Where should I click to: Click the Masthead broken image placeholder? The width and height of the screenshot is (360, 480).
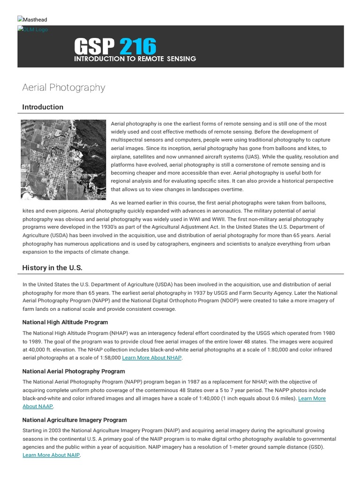[32, 20]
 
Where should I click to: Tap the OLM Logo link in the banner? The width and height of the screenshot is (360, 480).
[33, 30]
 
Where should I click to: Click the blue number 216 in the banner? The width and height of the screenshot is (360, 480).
[137, 46]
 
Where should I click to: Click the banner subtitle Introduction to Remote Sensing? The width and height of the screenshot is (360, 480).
[135, 59]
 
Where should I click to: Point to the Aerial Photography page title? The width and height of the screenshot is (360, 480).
[64, 88]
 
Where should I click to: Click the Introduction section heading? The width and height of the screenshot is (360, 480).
[43, 107]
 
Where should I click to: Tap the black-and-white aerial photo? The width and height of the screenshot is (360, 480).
[64, 159]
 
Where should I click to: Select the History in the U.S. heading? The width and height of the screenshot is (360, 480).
[52, 268]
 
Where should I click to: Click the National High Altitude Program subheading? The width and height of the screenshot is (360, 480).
[65, 322]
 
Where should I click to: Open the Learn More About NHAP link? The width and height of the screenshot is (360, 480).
[152, 358]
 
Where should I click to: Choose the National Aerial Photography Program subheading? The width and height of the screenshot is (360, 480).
[74, 371]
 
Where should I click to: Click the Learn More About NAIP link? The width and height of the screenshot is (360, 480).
[51, 455]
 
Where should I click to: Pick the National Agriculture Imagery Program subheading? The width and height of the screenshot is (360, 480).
[75, 420]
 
